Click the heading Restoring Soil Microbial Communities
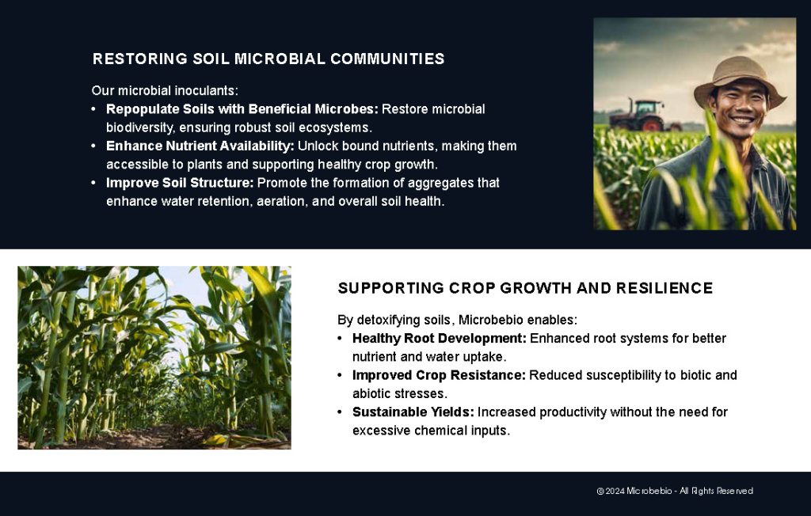coord(268,59)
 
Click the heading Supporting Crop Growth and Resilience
coord(525,288)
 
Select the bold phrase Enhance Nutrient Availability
coord(200,146)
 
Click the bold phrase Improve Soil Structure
coord(180,183)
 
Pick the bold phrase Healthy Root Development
coord(439,339)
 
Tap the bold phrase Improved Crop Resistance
coord(439,375)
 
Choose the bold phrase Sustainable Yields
coord(413,412)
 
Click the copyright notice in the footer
coord(674,491)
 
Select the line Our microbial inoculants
coord(165,91)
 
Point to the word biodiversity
coord(142,127)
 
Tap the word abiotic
coord(371,393)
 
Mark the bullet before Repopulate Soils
coord(94,109)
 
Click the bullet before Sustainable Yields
coord(340,412)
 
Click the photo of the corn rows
coord(154,358)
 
